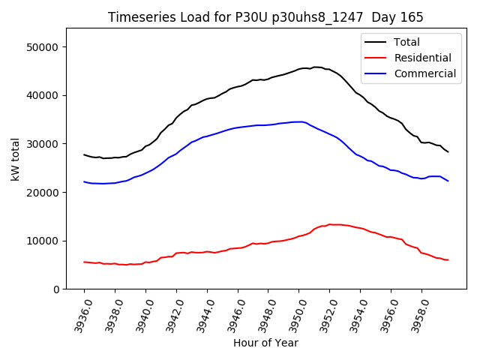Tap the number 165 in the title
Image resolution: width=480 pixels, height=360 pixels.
point(412,17)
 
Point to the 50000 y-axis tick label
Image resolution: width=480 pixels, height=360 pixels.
point(43,47)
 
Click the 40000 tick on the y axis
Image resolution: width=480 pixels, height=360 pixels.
point(43,95)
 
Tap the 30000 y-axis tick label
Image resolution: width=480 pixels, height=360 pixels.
point(43,144)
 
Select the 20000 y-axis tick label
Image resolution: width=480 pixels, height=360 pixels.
point(43,192)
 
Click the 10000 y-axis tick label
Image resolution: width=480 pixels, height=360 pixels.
point(43,241)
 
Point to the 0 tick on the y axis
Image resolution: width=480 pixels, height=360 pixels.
point(56,289)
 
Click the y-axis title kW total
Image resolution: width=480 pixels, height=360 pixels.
point(15,159)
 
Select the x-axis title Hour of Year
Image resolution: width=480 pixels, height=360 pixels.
point(265,343)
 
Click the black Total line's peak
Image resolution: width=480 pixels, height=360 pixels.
point(315,67)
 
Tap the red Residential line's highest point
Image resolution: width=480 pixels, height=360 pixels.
point(329,224)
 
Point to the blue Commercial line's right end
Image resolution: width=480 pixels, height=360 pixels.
point(448,181)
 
